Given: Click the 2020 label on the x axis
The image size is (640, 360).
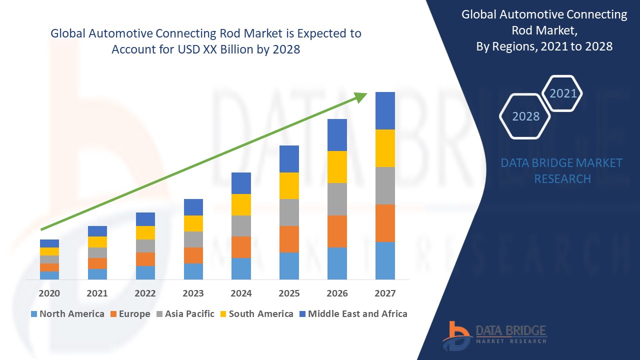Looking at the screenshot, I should tap(49, 293).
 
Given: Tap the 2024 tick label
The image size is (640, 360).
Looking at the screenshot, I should tap(241, 293).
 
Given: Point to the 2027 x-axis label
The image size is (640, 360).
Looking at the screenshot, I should tap(385, 293).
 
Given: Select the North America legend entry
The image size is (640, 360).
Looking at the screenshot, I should tap(67, 314).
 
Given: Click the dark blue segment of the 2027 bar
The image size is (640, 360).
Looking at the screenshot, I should tap(385, 110).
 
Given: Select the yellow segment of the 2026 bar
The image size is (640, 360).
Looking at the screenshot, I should tap(337, 167).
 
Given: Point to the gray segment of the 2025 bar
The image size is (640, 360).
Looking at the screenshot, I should tap(289, 212).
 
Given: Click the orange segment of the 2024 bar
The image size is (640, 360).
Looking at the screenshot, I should tap(241, 247).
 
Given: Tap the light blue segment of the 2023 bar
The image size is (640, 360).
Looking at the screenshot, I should tap(193, 271).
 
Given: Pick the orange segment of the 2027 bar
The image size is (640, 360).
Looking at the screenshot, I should tap(385, 223).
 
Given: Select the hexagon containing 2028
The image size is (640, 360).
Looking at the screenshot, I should tap(525, 116).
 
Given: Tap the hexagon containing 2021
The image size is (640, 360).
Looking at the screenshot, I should tap(563, 93).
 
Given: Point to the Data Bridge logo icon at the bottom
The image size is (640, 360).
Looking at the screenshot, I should tap(457, 335).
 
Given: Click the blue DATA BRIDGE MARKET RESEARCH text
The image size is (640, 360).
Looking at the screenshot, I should tap(562, 170).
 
